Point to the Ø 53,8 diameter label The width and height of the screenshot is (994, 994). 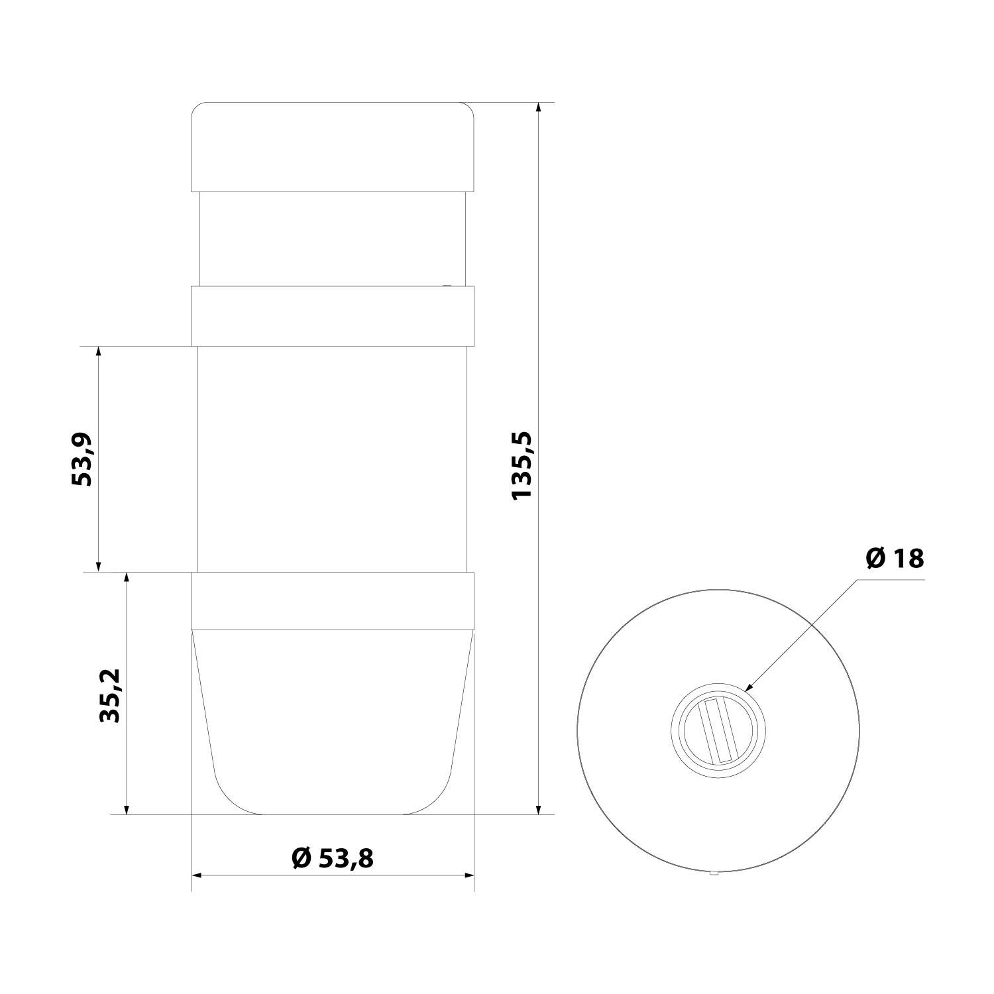pyautogui.click(x=333, y=859)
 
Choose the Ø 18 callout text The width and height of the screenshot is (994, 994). pyautogui.click(x=895, y=559)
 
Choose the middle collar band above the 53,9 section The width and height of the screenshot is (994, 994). pyautogui.click(x=333, y=316)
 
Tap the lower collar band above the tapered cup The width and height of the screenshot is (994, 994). pyautogui.click(x=333, y=600)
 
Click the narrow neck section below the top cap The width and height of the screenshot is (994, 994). pyautogui.click(x=333, y=239)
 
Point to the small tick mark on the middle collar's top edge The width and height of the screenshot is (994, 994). pyautogui.click(x=447, y=286)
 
